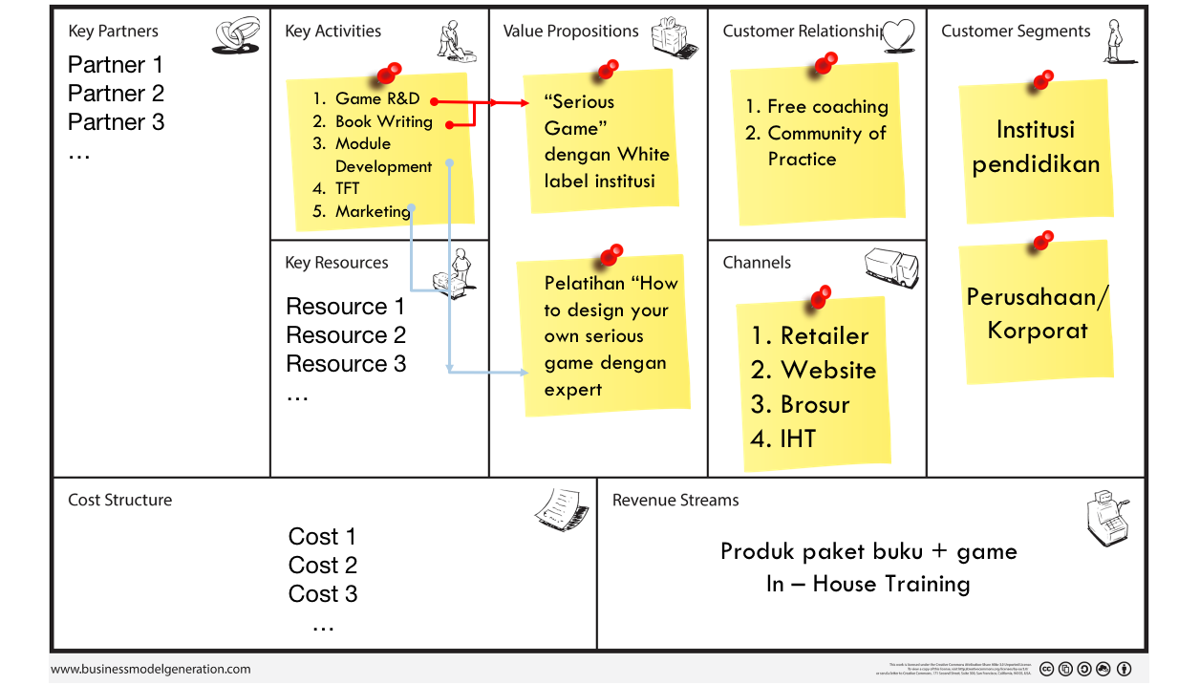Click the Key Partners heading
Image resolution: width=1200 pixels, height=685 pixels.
(114, 32)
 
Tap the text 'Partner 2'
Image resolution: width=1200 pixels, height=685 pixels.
(116, 94)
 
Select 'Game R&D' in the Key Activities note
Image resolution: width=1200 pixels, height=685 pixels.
(377, 98)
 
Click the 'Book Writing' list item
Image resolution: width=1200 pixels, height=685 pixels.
(384, 121)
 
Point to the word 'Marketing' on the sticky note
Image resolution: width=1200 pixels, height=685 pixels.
(373, 211)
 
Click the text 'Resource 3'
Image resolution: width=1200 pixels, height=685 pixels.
(346, 364)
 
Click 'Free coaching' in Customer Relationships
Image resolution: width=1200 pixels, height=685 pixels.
(827, 106)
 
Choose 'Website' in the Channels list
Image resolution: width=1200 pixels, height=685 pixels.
(827, 370)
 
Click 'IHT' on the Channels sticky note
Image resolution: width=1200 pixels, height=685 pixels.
(798, 439)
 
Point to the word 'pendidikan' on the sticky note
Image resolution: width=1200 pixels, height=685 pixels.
(1036, 163)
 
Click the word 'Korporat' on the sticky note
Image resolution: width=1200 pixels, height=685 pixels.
(1038, 331)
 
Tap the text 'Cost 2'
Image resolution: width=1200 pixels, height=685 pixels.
(323, 566)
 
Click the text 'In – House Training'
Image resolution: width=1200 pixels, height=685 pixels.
(868, 584)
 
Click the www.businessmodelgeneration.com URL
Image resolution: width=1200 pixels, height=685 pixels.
(150, 669)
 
